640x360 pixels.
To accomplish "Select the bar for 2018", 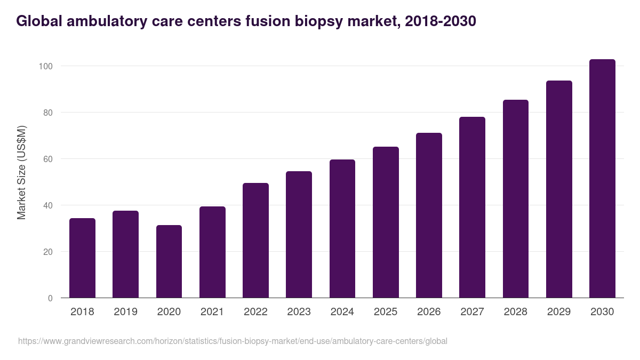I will pos(82,258).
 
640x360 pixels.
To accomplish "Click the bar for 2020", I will pos(169,261).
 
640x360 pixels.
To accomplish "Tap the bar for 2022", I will pos(255,241).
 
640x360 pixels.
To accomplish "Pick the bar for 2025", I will pos(386,222).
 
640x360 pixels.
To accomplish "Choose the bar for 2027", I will pos(472,207).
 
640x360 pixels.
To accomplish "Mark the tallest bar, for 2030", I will pos(602,179).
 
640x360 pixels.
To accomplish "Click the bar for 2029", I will pos(559,189).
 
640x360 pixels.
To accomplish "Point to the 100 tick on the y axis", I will pos(45,66).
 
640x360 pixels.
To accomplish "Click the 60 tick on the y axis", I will pos(47,159).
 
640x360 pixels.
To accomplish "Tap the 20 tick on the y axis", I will pos(47,252).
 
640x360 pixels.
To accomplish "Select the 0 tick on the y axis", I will pos(50,298).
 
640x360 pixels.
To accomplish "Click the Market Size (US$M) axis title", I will pos(21,172).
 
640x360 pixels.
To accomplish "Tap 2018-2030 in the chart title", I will pos(441,21).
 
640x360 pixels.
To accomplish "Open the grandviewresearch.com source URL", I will pos(233,341).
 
